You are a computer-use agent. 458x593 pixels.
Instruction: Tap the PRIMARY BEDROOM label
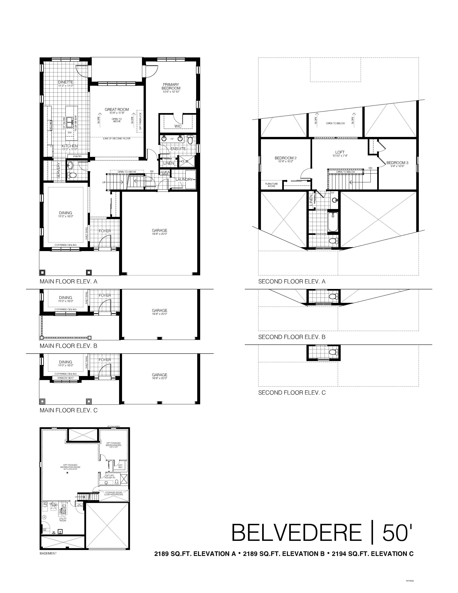(171, 86)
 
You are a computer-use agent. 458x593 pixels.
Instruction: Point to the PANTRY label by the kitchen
(78, 156)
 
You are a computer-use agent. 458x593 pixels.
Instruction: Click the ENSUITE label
(178, 149)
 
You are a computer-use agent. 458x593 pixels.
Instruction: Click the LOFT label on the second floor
(340, 152)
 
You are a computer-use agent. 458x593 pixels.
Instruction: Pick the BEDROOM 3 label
(397, 163)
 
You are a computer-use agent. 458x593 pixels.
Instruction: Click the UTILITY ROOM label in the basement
(63, 520)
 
